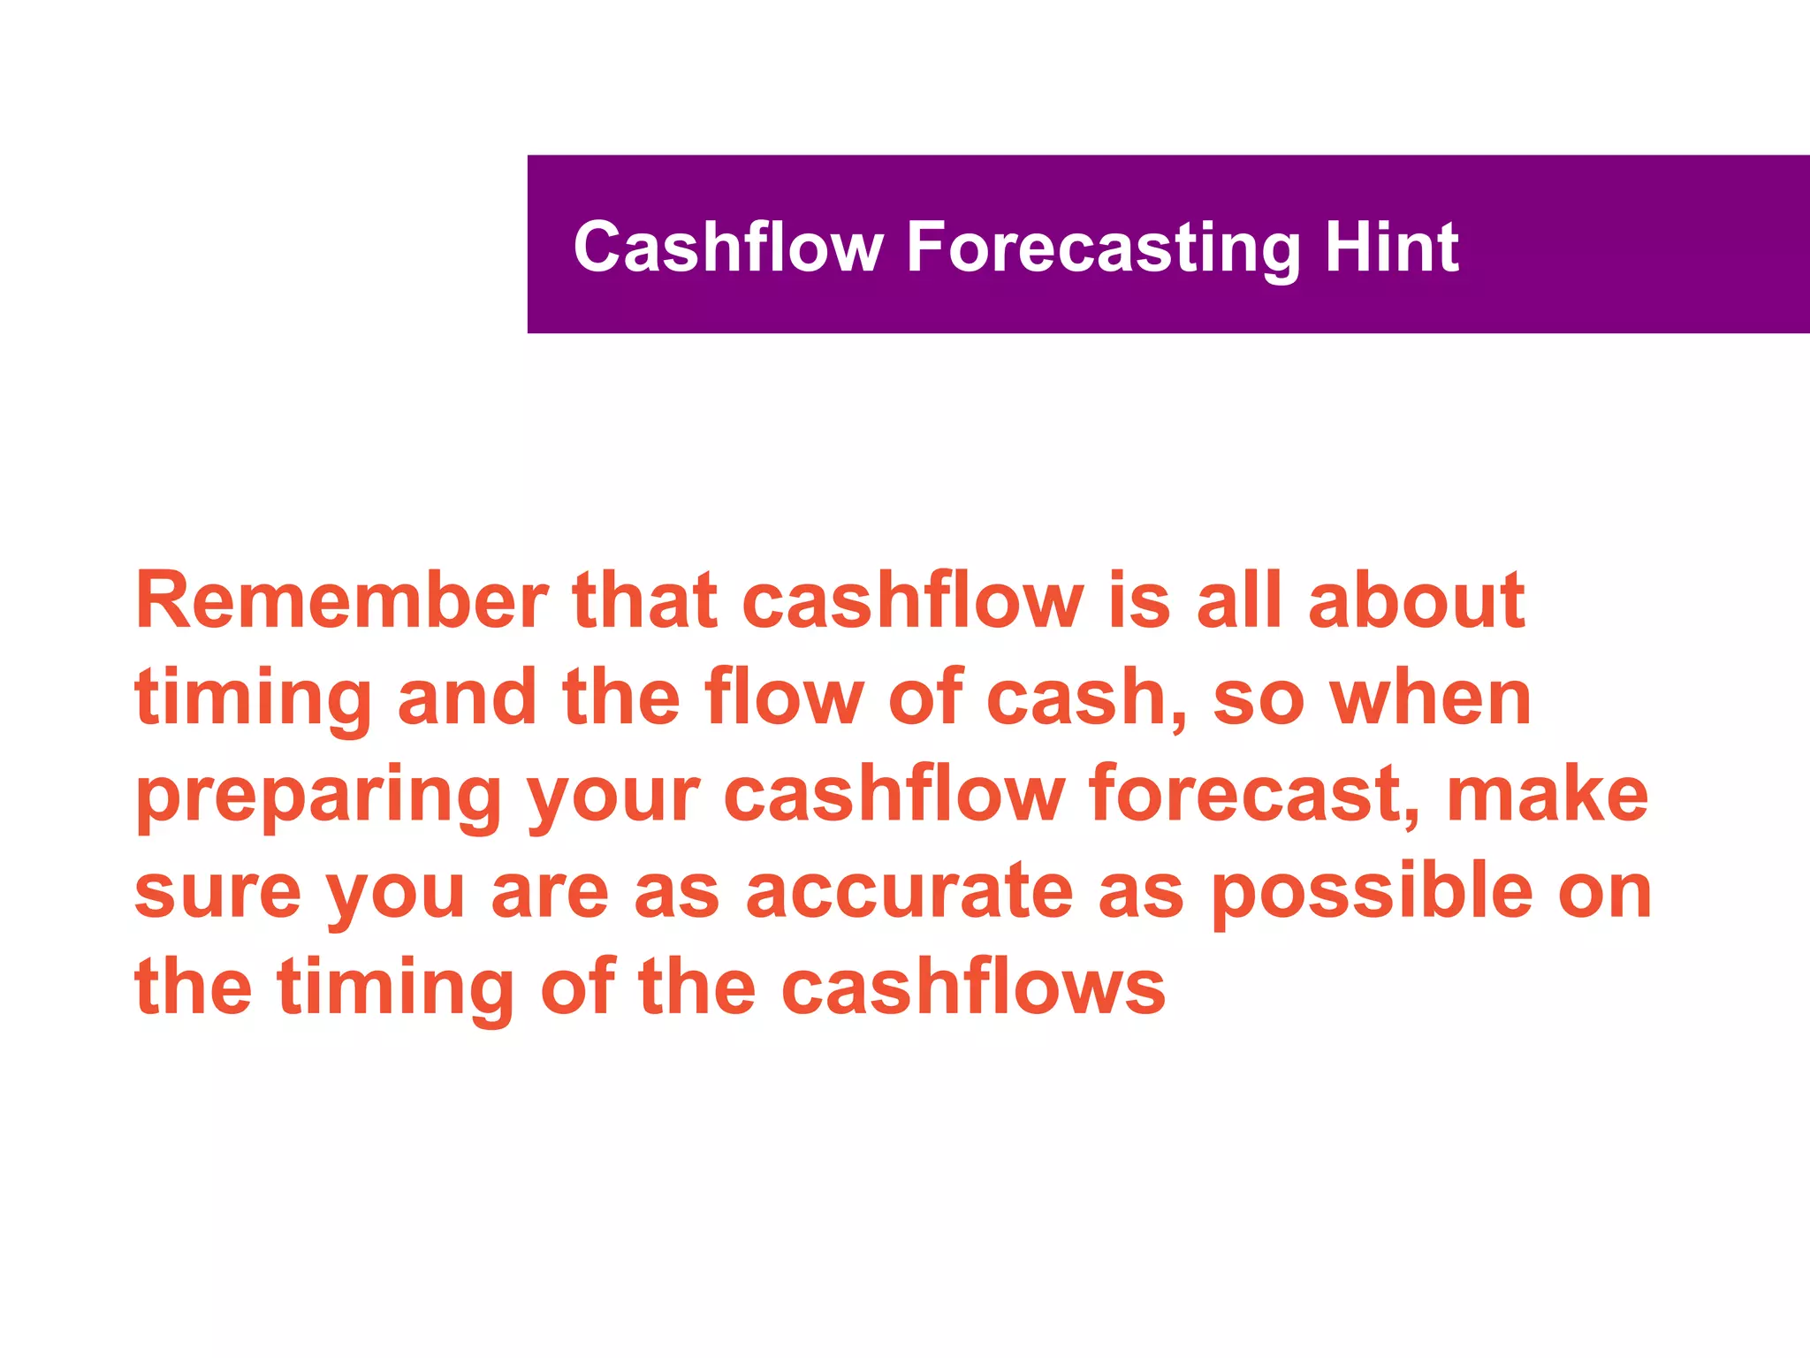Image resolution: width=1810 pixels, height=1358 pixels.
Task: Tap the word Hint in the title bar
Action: [1391, 248]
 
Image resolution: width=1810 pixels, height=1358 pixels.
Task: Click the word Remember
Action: [341, 601]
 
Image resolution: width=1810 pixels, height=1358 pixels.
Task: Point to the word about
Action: [1416, 601]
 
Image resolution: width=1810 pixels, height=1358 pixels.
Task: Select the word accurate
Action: [909, 891]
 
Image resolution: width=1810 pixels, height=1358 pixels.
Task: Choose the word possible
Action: [1371, 891]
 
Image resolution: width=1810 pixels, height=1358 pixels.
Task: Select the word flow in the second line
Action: [784, 698]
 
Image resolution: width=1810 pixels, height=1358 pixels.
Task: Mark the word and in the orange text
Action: [467, 698]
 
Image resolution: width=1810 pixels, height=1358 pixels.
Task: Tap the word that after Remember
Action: [644, 601]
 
